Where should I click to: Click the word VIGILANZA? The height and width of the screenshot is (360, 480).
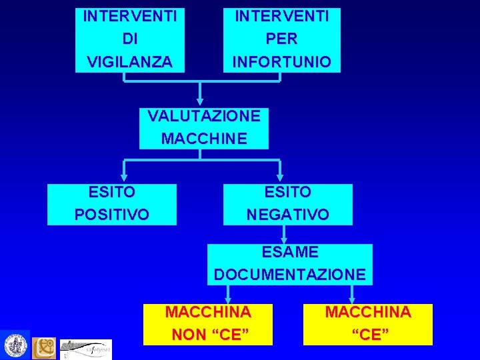click(x=129, y=62)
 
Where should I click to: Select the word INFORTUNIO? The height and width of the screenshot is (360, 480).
click(x=281, y=62)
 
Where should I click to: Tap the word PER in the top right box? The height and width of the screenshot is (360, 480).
click(x=281, y=39)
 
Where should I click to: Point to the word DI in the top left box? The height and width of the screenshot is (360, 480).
click(x=129, y=39)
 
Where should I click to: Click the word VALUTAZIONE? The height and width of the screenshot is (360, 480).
click(x=204, y=116)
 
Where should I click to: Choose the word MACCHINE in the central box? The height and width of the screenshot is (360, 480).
click(x=204, y=139)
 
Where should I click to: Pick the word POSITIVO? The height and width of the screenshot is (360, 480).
click(x=112, y=215)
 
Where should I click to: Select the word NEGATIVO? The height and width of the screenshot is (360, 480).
click(x=288, y=215)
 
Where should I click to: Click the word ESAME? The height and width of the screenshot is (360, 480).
click(x=290, y=252)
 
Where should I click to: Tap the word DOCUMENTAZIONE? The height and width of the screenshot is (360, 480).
click(x=290, y=274)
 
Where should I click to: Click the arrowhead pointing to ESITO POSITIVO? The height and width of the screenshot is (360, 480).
click(x=123, y=177)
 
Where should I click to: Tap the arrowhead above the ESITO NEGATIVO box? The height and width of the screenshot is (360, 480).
click(x=281, y=177)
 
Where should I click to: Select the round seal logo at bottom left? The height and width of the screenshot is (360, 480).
click(x=15, y=345)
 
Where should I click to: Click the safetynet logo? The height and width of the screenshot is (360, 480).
click(x=86, y=348)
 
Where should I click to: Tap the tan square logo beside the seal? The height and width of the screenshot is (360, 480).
click(x=45, y=347)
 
